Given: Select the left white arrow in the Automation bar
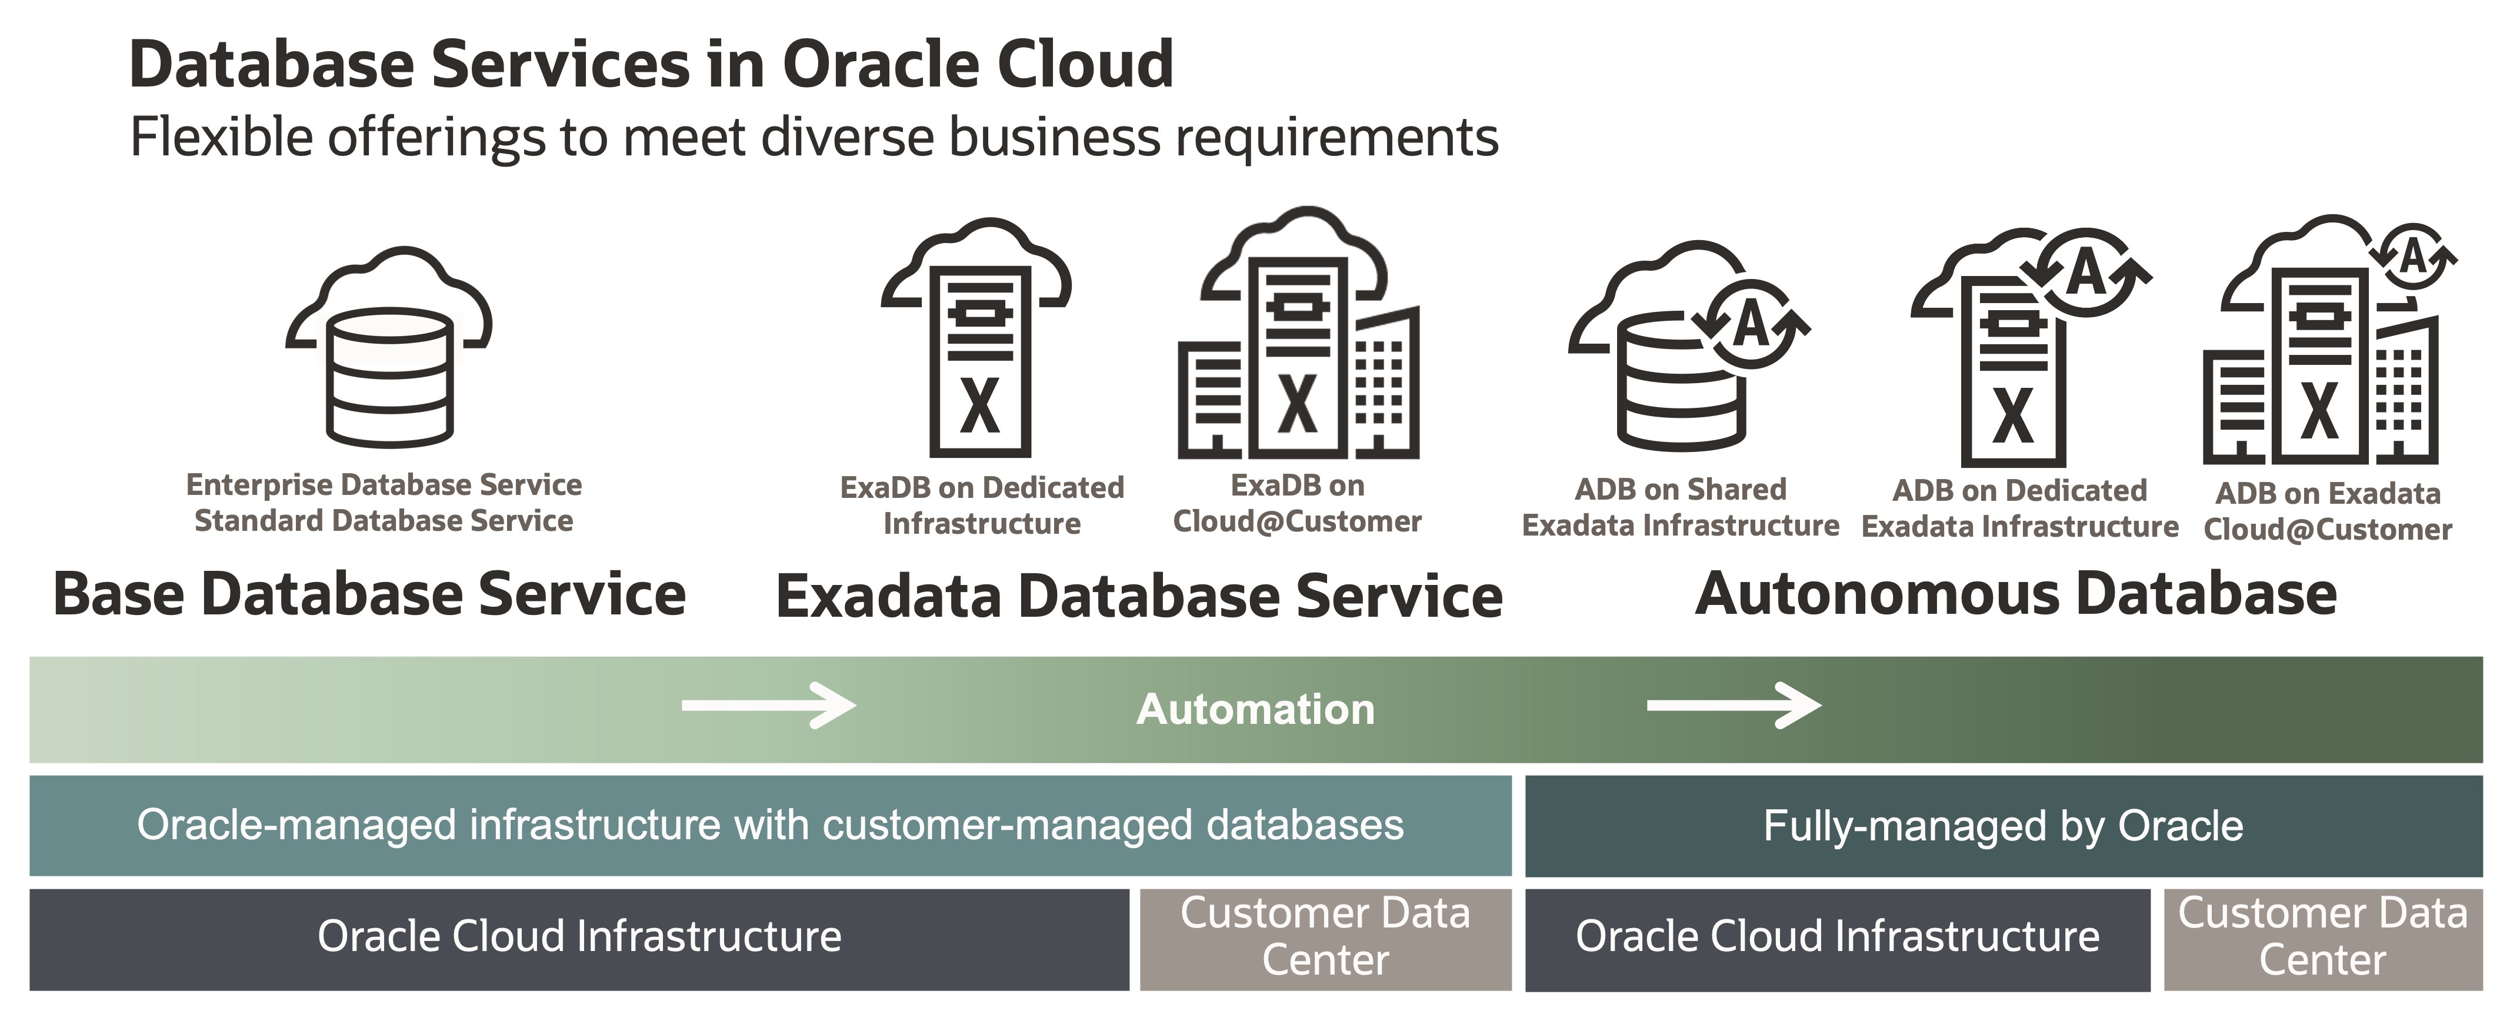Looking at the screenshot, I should [768, 705].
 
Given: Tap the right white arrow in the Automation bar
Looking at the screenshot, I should [1732, 705].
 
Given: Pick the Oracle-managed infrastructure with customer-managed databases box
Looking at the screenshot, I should [770, 825].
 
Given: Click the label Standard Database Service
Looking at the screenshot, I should [384, 521].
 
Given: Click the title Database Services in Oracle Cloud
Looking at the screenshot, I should [651, 64].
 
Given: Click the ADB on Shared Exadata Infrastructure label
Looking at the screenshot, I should [1680, 507].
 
